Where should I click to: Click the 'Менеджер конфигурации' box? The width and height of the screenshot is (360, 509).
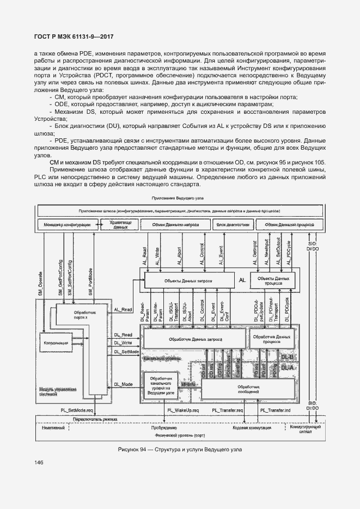[68, 224]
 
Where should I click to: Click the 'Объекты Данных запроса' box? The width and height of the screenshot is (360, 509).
[188, 281]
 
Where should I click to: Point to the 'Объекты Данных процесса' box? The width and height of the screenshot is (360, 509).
[274, 281]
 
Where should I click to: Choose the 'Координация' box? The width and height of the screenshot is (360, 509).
[54, 344]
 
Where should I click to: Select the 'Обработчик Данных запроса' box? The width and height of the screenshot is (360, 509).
[193, 339]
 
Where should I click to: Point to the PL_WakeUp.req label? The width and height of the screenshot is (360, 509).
[184, 409]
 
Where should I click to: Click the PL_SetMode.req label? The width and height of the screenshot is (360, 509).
[77, 409]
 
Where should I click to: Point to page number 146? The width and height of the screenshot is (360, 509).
[39, 463]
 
